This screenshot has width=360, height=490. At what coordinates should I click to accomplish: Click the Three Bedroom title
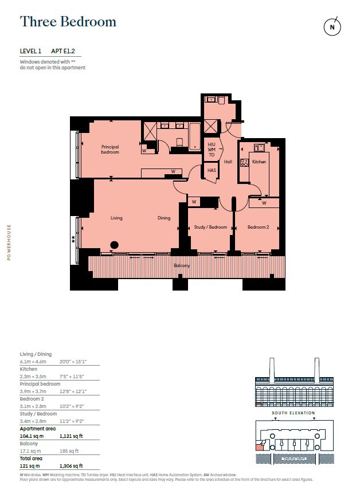[68, 22]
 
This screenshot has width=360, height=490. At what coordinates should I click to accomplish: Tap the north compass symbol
[331, 26]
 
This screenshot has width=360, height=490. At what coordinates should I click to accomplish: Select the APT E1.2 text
[68, 51]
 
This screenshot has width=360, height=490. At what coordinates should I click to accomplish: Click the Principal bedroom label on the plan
[110, 150]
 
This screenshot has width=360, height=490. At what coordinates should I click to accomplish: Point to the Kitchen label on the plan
[259, 162]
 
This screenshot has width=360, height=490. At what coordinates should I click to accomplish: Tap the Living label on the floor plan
[116, 218]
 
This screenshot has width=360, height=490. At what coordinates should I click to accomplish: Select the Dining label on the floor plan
[164, 218]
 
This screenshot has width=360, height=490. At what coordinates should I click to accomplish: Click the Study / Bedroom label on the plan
[211, 227]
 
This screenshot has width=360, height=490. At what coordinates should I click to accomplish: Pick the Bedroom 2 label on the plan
[258, 227]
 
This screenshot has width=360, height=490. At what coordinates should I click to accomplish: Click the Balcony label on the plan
[182, 266]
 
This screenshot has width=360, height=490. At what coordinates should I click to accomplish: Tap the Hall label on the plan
[228, 162]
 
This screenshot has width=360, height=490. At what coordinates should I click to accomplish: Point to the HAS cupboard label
[212, 170]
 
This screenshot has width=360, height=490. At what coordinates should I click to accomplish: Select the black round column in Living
[114, 245]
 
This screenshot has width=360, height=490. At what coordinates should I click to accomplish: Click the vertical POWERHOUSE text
[9, 241]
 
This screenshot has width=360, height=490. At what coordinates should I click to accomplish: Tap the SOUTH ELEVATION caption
[292, 413]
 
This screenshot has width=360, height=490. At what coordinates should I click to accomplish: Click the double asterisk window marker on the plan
[73, 241]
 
